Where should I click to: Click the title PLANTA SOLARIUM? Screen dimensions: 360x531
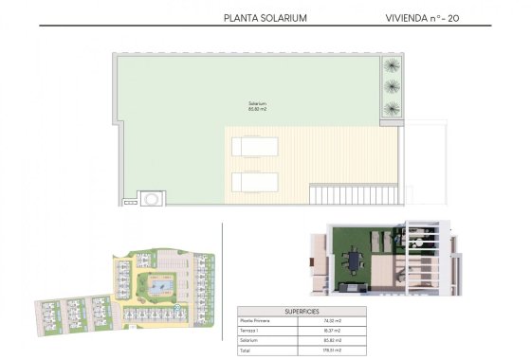[265, 17]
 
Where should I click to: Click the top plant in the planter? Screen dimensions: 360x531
[391, 66]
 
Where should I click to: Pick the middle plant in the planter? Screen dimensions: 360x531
[391, 86]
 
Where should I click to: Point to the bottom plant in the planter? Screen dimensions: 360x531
[391, 107]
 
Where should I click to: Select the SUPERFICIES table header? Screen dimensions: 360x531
[302, 311]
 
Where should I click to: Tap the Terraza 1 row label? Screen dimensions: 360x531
[250, 331]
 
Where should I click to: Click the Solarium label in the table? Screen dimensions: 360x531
[250, 339]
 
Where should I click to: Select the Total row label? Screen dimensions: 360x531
[247, 350]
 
